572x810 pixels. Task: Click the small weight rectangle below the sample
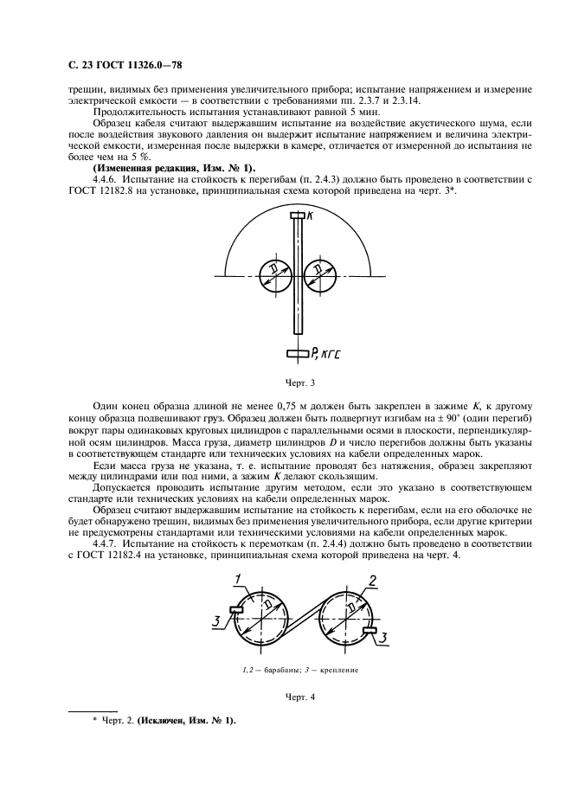[297, 353]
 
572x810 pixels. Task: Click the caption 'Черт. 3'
[298, 381]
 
